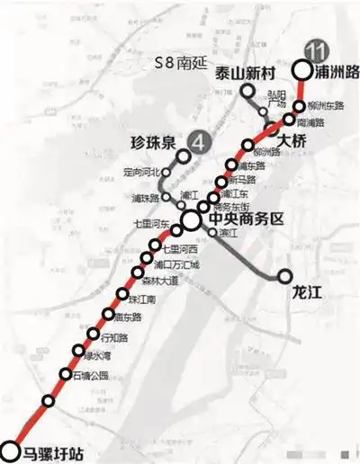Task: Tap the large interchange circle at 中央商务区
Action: (191, 219)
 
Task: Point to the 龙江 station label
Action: (307, 292)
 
